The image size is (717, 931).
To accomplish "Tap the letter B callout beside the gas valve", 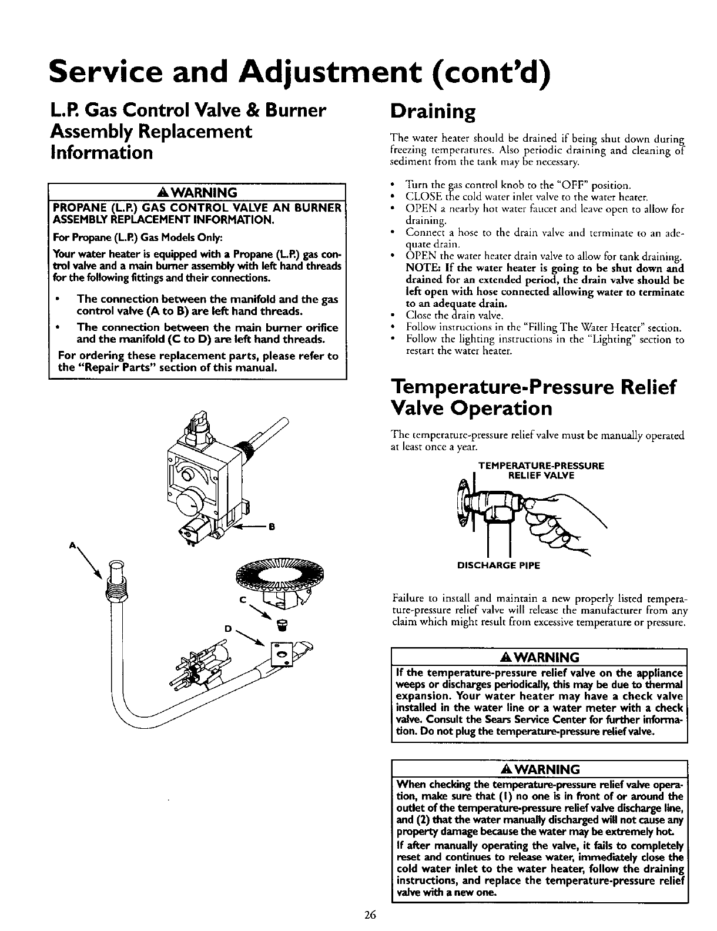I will [272, 527].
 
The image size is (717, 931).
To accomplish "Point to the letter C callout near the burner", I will [242, 598].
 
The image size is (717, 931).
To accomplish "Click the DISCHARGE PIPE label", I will [499, 566].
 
